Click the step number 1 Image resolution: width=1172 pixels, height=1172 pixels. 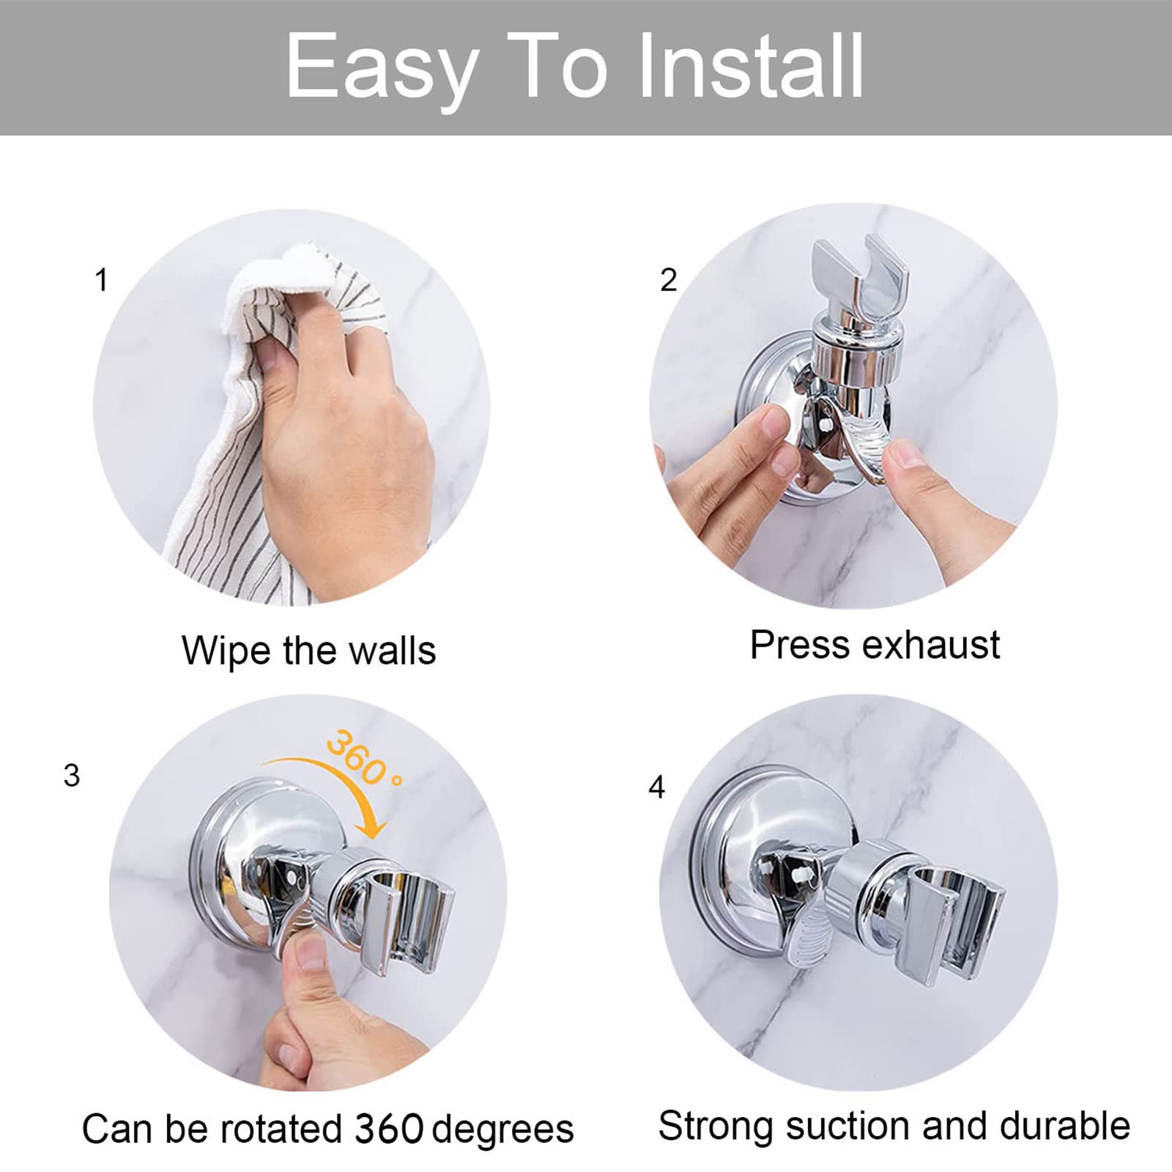pyautogui.click(x=102, y=280)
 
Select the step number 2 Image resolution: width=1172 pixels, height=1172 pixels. pyautogui.click(x=668, y=280)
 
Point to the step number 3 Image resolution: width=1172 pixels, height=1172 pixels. pyautogui.click(x=72, y=776)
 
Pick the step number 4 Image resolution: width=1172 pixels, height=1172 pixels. pyautogui.click(x=657, y=787)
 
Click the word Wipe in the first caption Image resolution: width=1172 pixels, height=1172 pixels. pyautogui.click(x=226, y=651)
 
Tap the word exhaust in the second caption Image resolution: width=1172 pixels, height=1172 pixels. pyautogui.click(x=931, y=645)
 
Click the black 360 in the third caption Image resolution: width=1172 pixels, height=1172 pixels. pyautogui.click(x=389, y=1129)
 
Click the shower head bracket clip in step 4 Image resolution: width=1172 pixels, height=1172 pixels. pyautogui.click(x=952, y=923)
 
